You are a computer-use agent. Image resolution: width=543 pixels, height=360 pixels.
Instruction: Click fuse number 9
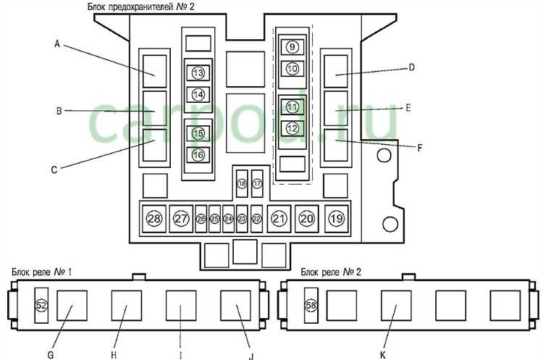pyautogui.click(x=291, y=47)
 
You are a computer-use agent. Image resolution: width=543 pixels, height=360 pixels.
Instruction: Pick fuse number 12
pyautogui.click(x=292, y=128)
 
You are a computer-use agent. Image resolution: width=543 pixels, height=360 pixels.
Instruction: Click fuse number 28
pyautogui.click(x=154, y=219)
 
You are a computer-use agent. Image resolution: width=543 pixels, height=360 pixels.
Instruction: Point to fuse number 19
pyautogui.click(x=335, y=219)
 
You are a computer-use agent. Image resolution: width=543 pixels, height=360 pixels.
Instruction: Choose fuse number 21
pyautogui.click(x=279, y=219)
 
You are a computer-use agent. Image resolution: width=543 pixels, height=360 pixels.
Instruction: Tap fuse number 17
pyautogui.click(x=257, y=184)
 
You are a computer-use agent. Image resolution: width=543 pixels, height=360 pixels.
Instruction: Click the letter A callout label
pyautogui.click(x=56, y=43)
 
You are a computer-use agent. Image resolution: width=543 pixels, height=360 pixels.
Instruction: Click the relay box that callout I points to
pyautogui.click(x=181, y=306)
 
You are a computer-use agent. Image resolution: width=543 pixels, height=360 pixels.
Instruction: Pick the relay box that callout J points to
pyautogui.click(x=235, y=306)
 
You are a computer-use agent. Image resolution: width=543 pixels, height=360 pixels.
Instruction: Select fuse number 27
pyautogui.click(x=181, y=219)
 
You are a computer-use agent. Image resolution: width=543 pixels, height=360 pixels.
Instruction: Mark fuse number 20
pyautogui.click(x=307, y=219)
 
